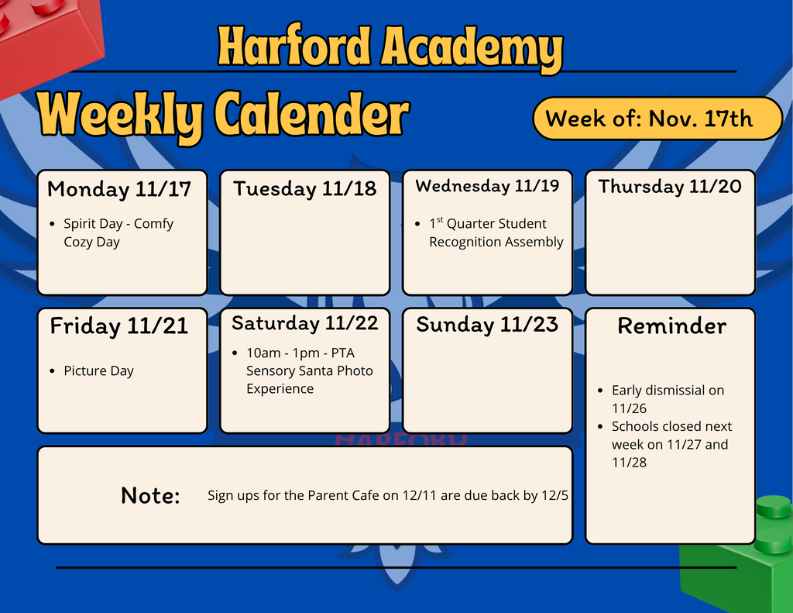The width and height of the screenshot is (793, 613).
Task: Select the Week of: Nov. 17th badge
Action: pos(657,119)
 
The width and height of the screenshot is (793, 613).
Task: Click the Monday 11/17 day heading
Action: pos(119,189)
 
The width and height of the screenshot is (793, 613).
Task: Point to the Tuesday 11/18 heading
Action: pos(304,189)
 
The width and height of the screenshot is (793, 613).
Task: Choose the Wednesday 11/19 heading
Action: pos(487,186)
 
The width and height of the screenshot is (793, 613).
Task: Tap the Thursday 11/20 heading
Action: pos(670,187)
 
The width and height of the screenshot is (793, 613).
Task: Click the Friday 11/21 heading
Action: pos(119,326)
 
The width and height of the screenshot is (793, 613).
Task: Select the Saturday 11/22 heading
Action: pos(304,323)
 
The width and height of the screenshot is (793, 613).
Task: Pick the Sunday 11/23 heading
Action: pos(487,325)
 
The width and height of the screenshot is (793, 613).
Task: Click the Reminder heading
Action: pos(671,326)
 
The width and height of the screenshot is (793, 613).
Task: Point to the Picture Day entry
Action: pos(98,371)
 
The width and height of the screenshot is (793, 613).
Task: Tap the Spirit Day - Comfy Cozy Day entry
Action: pos(118,232)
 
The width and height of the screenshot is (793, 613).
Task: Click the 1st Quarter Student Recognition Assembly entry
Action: pos(496,232)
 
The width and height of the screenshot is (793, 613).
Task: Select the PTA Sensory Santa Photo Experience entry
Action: pos(309,370)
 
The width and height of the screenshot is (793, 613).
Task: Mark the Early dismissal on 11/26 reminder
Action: pos(667,399)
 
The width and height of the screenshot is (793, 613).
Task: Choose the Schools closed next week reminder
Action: pos(671,444)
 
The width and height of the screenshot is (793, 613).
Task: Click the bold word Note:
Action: pos(150,496)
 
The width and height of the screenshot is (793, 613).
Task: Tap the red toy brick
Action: pos(46,43)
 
